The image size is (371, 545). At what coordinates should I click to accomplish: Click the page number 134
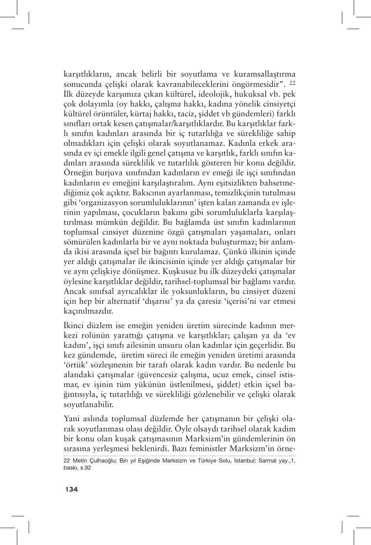(72, 489)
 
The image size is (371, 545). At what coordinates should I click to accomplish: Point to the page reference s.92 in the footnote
(85, 468)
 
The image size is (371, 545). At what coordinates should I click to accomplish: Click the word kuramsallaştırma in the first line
(267, 74)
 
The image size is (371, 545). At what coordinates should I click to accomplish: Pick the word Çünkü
(230, 252)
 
